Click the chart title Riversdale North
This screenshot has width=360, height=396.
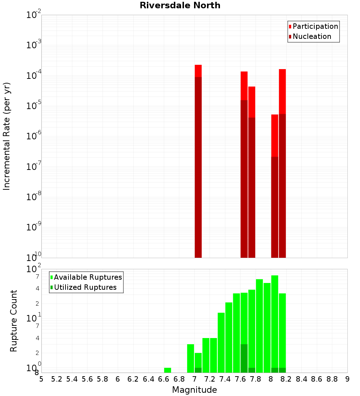click(180, 5)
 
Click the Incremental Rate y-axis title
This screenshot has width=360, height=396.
click(7, 136)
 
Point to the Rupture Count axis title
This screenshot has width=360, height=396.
click(14, 321)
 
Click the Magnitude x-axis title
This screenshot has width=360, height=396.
click(194, 390)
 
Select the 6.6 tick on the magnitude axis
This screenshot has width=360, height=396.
click(164, 379)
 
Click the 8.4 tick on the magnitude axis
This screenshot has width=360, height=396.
click(302, 379)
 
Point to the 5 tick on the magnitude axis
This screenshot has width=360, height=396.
click(41, 379)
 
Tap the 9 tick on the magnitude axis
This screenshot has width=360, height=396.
click(347, 379)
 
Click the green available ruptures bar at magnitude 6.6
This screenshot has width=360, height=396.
click(167, 370)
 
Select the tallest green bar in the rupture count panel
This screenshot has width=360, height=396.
click(275, 324)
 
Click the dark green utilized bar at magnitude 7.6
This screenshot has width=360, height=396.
click(244, 358)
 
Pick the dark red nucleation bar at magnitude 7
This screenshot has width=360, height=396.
click(198, 166)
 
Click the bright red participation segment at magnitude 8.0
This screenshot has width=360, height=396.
click(275, 135)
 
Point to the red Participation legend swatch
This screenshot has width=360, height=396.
click(290, 27)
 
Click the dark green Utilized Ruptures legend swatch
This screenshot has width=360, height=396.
click(52, 287)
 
